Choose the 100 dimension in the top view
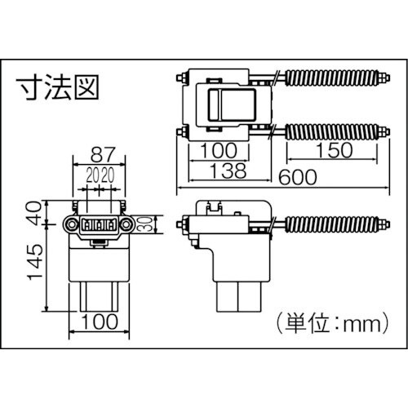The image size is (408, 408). click(x=219, y=150)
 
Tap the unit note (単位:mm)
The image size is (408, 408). click(x=330, y=324)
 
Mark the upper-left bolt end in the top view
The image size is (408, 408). click(x=180, y=78)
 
